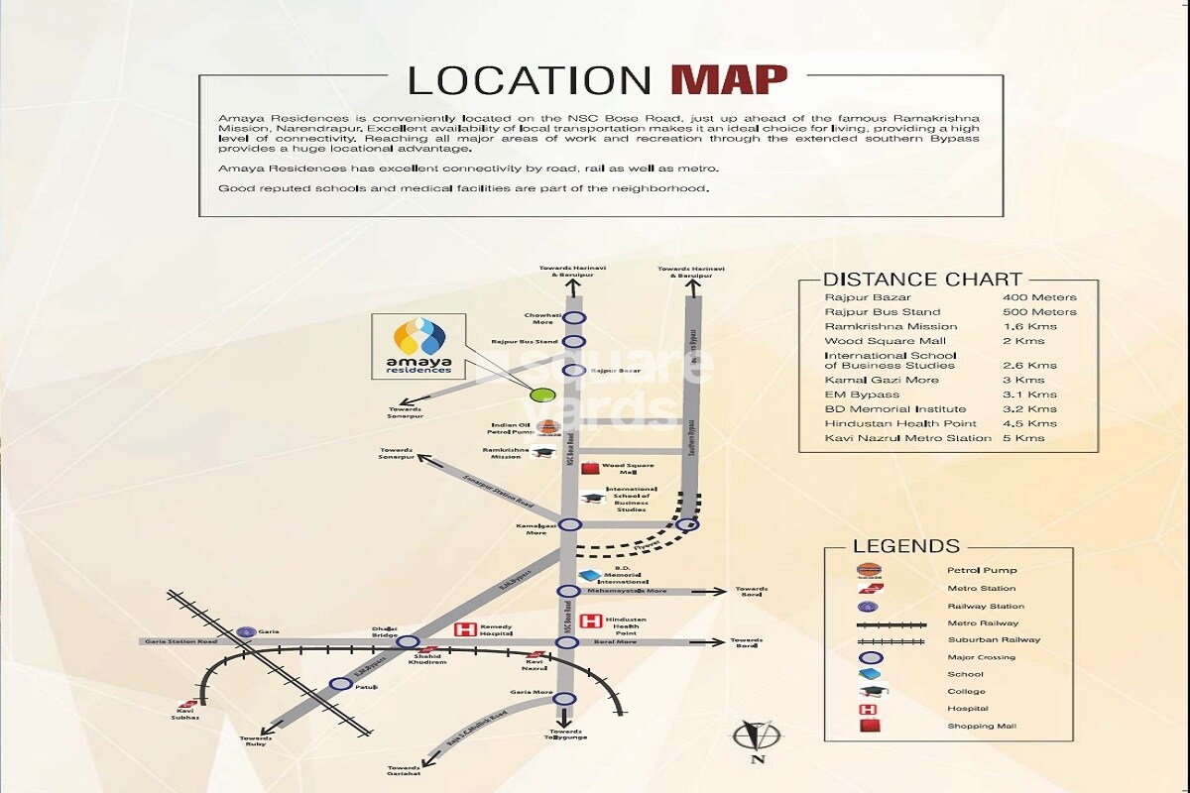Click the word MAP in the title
[x=728, y=78]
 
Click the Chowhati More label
[x=541, y=318]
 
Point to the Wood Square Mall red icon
[x=591, y=469]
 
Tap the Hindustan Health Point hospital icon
[x=591, y=623]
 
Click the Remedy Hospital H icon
[x=461, y=629]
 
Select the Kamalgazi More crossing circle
[x=569, y=525]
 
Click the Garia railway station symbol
[x=245, y=631]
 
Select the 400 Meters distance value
[x=1038, y=297]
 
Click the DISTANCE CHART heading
[x=922, y=280]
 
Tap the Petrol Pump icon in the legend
[x=868, y=570]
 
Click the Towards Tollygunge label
[x=565, y=734]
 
